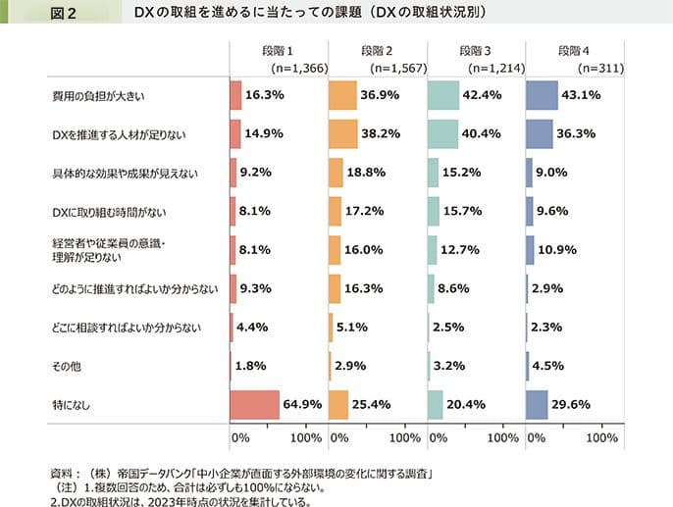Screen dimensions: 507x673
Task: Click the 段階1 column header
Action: click(x=278, y=51)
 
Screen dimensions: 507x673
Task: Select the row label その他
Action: click(x=65, y=365)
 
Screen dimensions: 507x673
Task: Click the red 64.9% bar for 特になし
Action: click(x=254, y=403)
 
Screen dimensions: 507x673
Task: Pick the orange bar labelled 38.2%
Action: click(x=343, y=134)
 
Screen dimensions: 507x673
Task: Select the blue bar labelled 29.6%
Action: click(x=537, y=403)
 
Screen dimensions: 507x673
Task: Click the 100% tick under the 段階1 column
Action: click(x=306, y=435)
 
